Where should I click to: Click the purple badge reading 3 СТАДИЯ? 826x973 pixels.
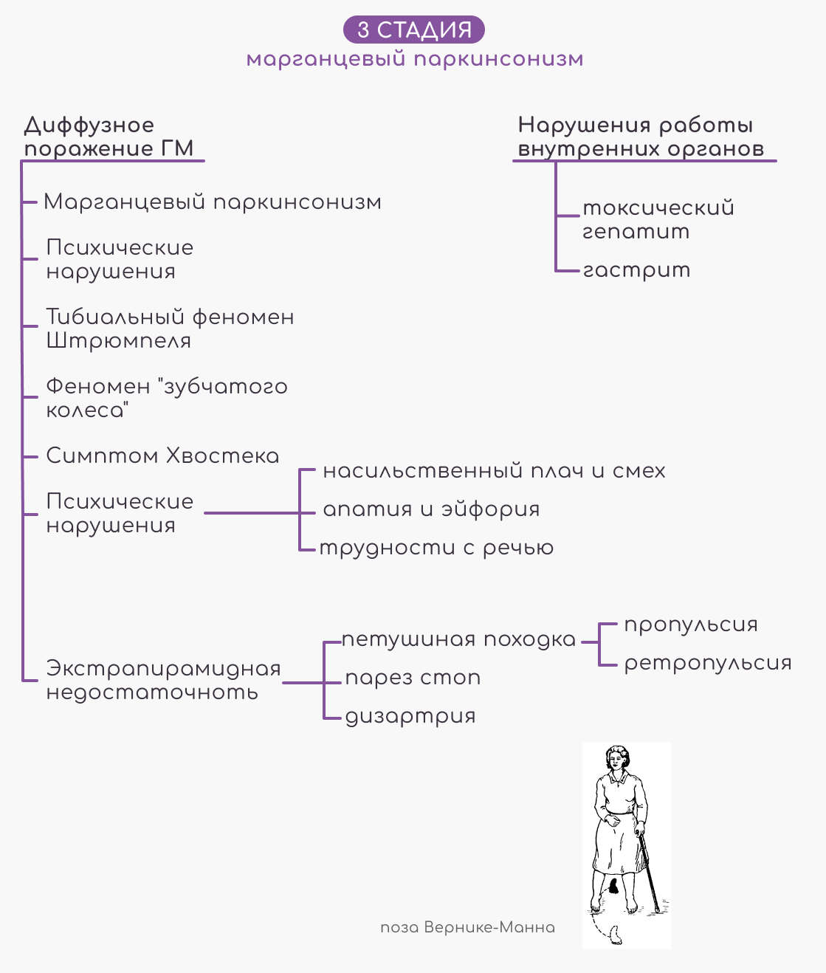click(413, 30)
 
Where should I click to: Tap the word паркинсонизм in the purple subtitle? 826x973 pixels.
click(498, 60)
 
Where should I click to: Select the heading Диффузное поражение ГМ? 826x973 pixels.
click(109, 137)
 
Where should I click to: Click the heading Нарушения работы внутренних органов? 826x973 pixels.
click(641, 137)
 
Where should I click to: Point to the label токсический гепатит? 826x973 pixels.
click(658, 219)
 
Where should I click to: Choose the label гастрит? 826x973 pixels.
click(636, 271)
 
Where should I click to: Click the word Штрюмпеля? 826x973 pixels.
click(119, 341)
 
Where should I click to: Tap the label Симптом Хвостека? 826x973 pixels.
click(163, 455)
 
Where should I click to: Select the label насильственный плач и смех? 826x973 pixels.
click(494, 471)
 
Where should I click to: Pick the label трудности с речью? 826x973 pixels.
click(437, 549)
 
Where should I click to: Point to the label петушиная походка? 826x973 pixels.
click(459, 640)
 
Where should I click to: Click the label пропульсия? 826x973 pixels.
click(691, 625)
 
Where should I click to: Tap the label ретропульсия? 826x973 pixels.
click(708, 664)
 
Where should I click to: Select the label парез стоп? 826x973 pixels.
click(413, 678)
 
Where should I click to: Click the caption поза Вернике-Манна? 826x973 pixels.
click(468, 927)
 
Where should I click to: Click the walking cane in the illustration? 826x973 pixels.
click(649, 873)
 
